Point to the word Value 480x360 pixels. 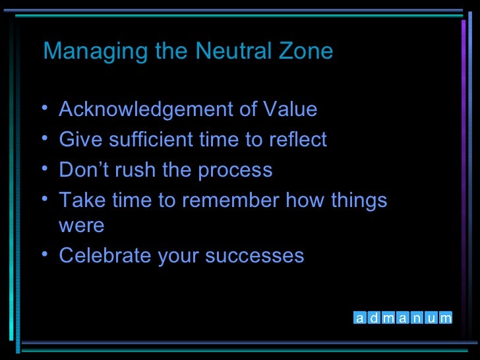click(289, 109)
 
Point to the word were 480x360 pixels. click(81, 226)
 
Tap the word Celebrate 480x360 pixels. click(105, 256)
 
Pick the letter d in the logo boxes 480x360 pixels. click(374, 318)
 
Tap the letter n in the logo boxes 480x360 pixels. click(417, 318)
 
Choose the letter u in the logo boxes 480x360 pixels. click(431, 318)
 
